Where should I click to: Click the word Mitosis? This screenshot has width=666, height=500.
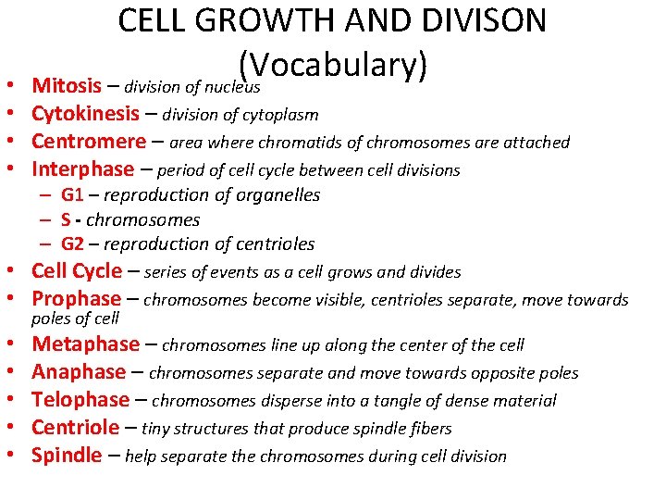click(66, 86)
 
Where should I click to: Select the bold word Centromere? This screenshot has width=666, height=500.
click(88, 142)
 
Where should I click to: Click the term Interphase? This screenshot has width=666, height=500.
click(82, 169)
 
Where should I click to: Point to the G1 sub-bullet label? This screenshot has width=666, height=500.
click(72, 195)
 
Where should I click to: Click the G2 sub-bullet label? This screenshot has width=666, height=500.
click(72, 244)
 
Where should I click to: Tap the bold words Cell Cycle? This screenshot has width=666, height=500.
click(76, 271)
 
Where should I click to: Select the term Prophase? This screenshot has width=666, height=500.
click(76, 299)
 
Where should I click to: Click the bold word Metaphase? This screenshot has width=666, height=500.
click(85, 344)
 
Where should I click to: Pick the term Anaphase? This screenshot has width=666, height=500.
click(79, 372)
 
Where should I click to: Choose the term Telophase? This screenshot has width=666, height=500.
click(80, 400)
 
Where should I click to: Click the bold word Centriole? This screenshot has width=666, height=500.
click(75, 428)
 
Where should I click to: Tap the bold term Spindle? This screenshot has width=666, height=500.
click(67, 456)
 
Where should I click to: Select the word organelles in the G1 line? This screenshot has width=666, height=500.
click(277, 195)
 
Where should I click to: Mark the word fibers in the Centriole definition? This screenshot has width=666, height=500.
click(429, 429)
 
